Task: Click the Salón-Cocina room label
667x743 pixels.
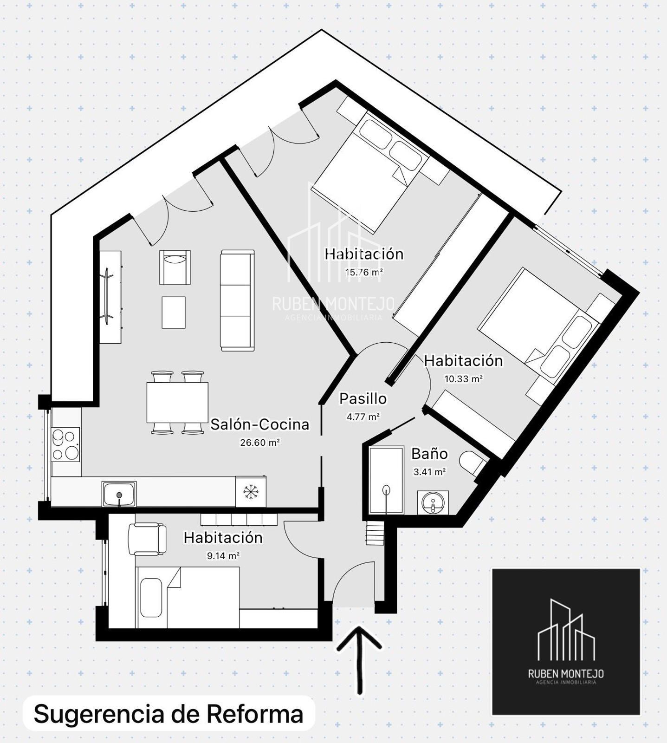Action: coord(260,424)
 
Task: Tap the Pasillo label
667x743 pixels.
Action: coord(363,398)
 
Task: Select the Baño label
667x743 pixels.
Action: coord(429,454)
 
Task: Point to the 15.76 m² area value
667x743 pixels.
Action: coord(364,272)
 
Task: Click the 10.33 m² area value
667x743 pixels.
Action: coord(464,378)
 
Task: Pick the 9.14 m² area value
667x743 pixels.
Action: coord(223,555)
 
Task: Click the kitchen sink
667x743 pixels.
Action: coord(119,494)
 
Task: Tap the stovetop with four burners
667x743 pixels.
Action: coord(65,444)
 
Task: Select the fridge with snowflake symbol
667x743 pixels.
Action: coord(251,491)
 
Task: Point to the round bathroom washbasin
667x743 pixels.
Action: coord(433,502)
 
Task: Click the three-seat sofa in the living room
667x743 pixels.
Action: coord(238,300)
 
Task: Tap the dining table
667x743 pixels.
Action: coord(177,402)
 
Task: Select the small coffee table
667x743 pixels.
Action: coord(174,313)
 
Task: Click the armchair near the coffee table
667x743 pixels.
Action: coord(175,267)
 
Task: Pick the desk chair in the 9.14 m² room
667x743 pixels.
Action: coord(147,539)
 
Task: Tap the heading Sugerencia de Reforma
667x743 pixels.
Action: coord(168,714)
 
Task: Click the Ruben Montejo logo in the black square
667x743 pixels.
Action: coord(566,641)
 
